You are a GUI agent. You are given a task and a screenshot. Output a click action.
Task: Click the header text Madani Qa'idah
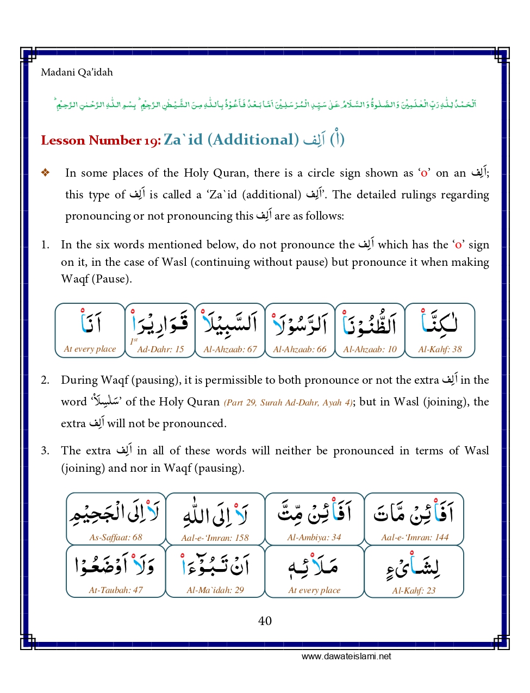coord(77,72)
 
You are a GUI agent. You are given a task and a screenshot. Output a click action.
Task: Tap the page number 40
coord(265,621)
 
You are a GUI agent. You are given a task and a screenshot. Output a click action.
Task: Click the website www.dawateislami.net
coord(346,656)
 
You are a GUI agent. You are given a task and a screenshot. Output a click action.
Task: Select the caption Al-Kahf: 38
coord(440,349)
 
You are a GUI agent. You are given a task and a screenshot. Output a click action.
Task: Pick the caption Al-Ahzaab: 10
coord(370,349)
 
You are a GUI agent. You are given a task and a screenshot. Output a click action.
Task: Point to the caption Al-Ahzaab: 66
coord(300,349)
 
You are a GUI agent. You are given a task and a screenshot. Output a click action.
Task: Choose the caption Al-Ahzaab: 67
coord(230,349)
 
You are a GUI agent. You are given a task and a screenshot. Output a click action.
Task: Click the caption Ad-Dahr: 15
coord(160,349)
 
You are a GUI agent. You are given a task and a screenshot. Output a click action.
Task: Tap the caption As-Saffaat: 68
coord(116,538)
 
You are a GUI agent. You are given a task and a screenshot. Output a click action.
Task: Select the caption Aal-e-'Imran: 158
coord(215,538)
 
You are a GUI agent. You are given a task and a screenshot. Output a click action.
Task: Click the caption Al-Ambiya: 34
coord(314,538)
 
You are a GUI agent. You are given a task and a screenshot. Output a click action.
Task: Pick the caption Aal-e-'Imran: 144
coord(415,538)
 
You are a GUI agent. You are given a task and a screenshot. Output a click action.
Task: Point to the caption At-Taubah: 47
coord(116,590)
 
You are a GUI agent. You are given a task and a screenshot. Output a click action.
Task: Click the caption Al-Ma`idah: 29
coord(215,590)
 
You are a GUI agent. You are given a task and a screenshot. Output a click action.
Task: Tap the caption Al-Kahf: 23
coord(414,591)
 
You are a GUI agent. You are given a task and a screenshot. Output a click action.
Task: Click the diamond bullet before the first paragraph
coord(46,173)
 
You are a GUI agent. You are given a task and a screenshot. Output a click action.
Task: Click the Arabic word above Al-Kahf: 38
coord(440,323)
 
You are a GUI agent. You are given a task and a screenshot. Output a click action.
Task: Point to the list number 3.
coord(45,451)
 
